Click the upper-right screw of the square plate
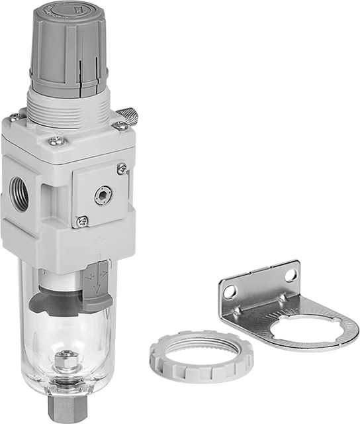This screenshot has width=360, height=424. pyautogui.click(x=122, y=170)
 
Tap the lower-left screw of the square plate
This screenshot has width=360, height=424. pyautogui.click(x=81, y=221)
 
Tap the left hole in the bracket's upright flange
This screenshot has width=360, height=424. pyautogui.click(x=230, y=290)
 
